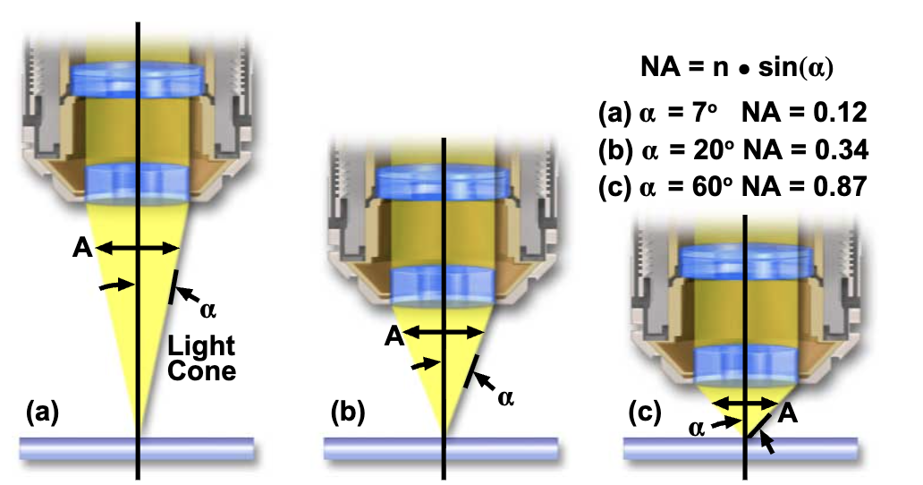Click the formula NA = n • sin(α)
(x=749, y=67)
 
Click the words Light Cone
(x=202, y=357)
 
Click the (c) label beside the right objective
(x=644, y=413)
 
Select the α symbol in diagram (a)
(x=207, y=310)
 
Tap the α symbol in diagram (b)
(x=505, y=396)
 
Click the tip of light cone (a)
(x=138, y=430)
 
